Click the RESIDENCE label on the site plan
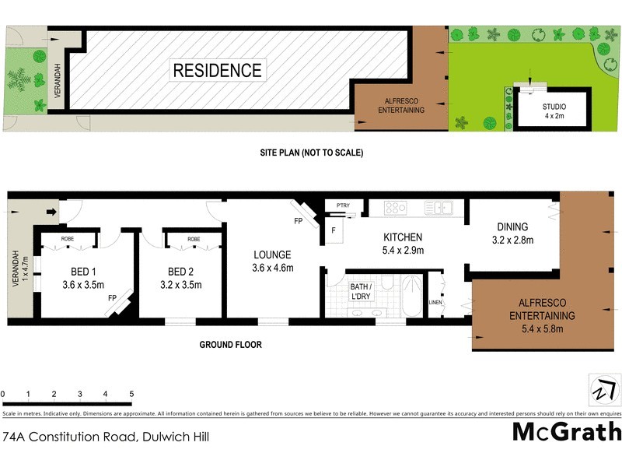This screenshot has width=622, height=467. (218, 71)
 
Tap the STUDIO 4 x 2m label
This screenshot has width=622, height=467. (554, 111)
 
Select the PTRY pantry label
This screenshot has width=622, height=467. (343, 205)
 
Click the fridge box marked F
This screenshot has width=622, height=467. (334, 230)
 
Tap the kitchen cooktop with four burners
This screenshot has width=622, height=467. (396, 208)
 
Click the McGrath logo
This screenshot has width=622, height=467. (567, 431)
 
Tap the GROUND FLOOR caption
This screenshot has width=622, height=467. (230, 345)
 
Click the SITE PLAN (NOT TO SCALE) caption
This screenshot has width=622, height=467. (311, 153)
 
